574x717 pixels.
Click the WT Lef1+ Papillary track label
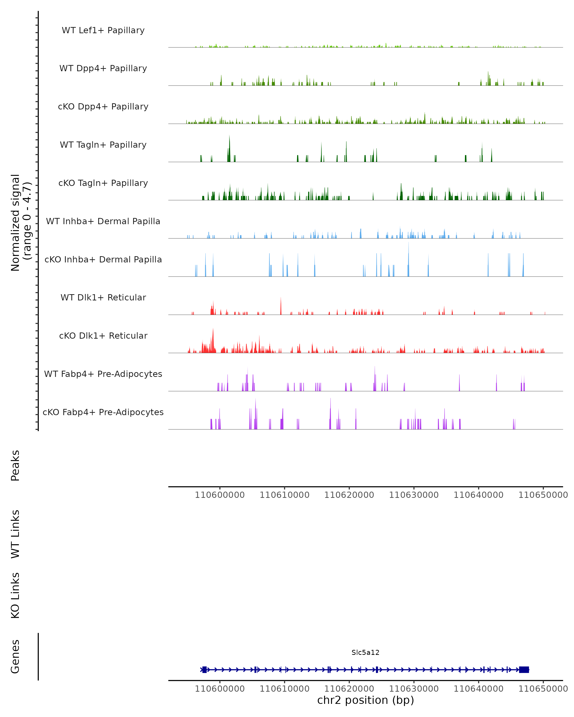(103, 30)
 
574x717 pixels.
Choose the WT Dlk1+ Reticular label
(103, 297)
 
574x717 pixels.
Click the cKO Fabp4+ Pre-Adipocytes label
(103, 412)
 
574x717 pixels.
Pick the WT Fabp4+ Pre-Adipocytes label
(103, 374)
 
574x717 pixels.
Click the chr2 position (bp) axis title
(365, 700)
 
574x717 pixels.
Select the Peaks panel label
(15, 465)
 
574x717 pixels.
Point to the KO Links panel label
(15, 595)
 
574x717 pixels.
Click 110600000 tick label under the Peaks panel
(220, 495)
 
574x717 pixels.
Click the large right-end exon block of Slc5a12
(524, 669)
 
